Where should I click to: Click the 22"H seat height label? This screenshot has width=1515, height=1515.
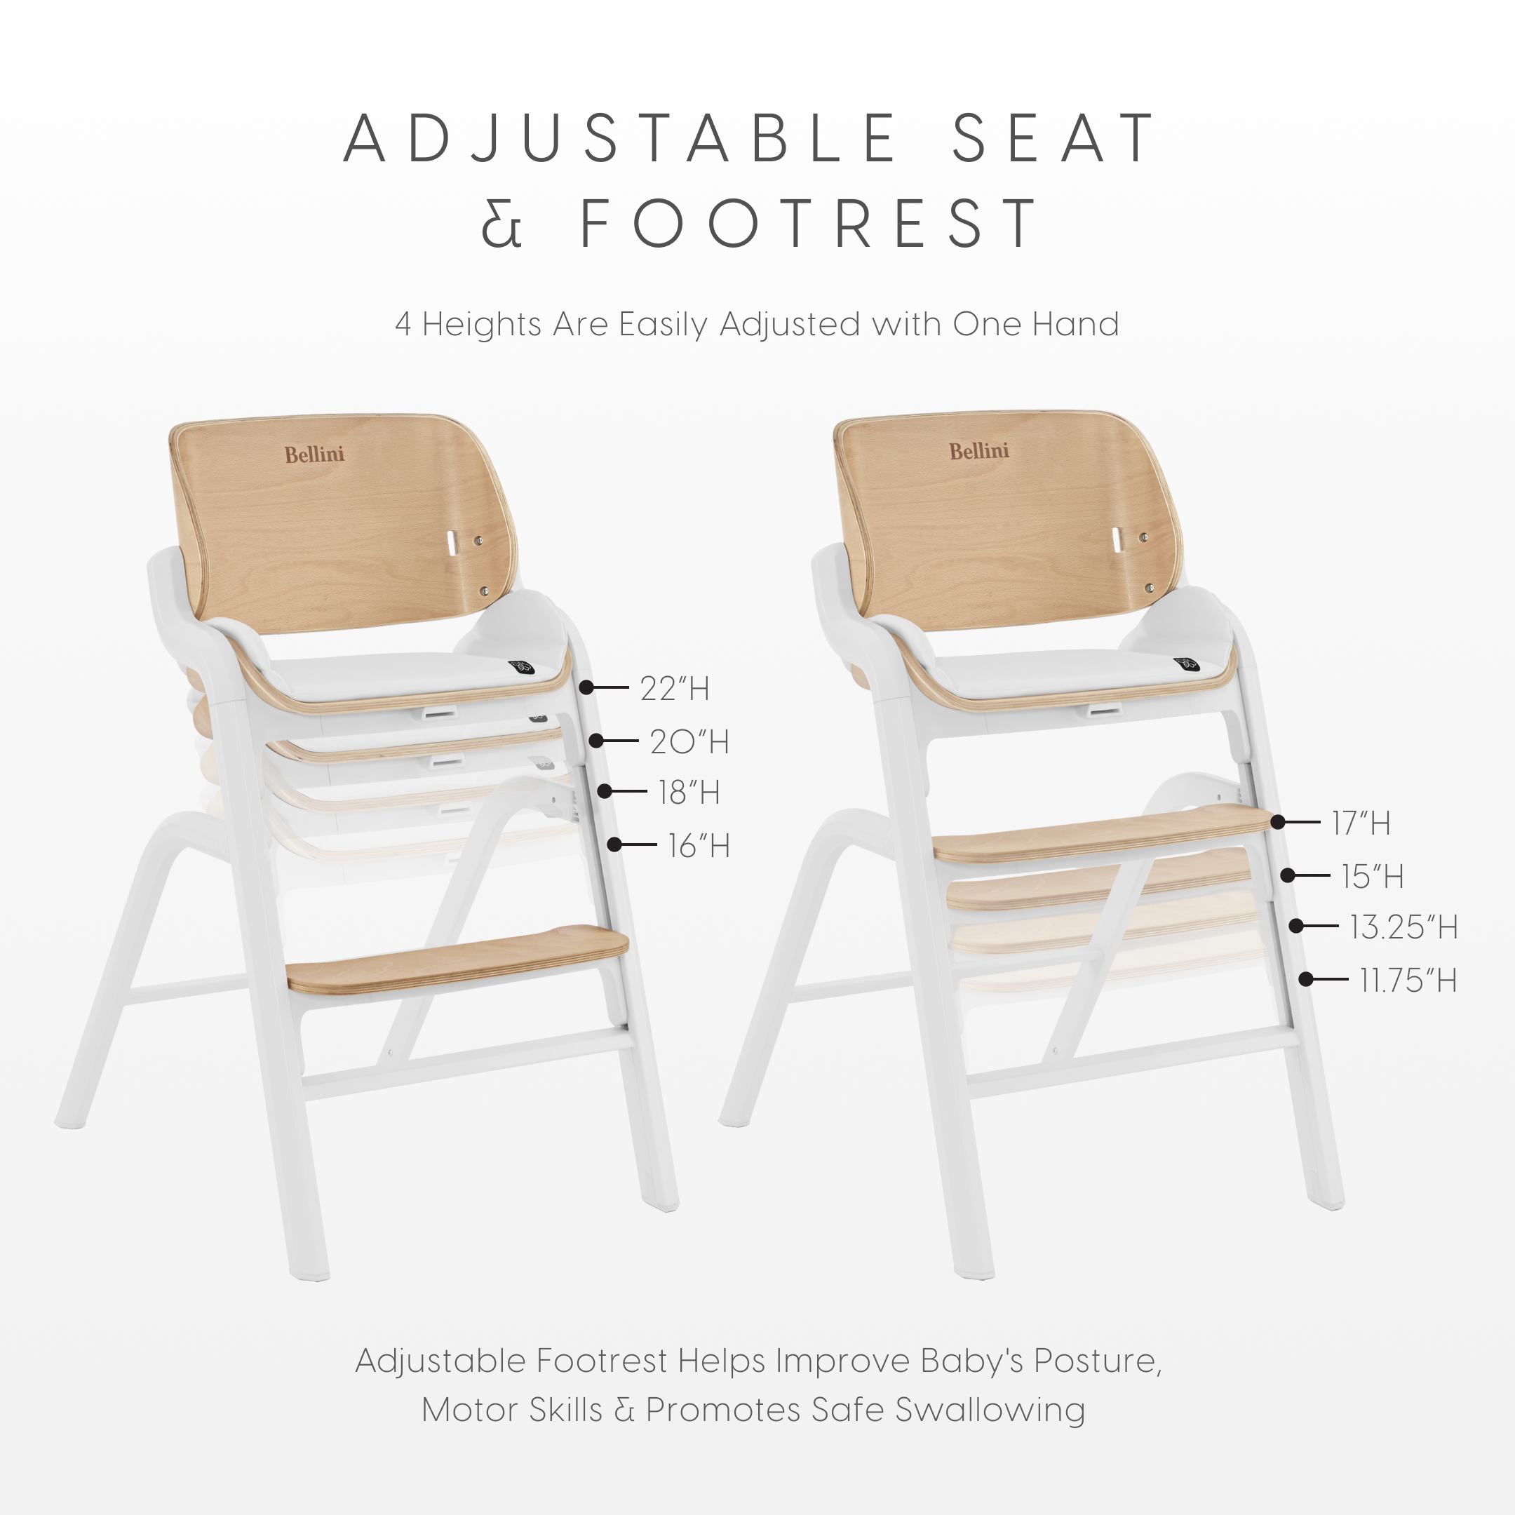pyautogui.click(x=674, y=689)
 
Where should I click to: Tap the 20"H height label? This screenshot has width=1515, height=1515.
pyautogui.click(x=689, y=742)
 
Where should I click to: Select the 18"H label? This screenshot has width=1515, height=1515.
pyautogui.click(x=689, y=793)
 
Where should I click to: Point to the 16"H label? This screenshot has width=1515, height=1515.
pyautogui.click(x=699, y=846)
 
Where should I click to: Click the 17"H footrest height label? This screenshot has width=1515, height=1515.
pyautogui.click(x=1361, y=823)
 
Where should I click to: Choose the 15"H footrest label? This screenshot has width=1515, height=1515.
pyautogui.click(x=1373, y=877)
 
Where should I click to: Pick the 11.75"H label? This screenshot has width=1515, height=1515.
pyautogui.click(x=1408, y=981)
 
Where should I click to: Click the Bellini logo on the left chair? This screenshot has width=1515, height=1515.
pyautogui.click(x=314, y=454)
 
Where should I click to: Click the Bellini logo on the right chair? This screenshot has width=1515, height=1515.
pyautogui.click(x=979, y=452)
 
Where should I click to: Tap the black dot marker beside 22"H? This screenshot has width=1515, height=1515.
pyautogui.click(x=586, y=687)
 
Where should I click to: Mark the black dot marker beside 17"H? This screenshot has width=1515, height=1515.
pyautogui.click(x=1278, y=822)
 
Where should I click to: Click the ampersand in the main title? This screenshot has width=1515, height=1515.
pyautogui.click(x=502, y=224)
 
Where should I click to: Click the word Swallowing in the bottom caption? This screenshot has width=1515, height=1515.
pyautogui.click(x=990, y=1409)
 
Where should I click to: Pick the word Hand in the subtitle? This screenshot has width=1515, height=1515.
pyautogui.click(x=1075, y=324)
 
